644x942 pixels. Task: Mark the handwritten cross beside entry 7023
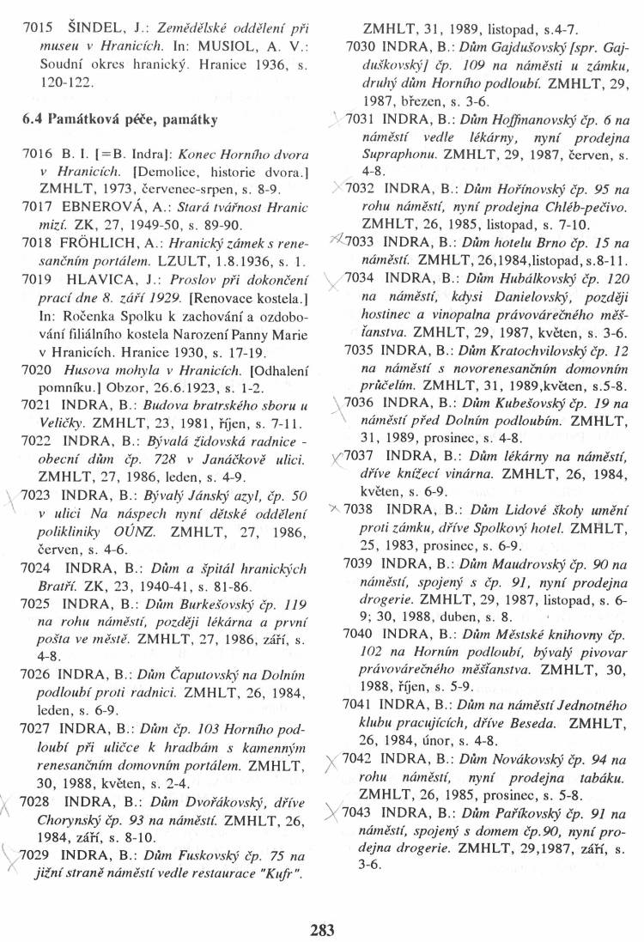click(17, 501)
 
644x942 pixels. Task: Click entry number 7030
click(364, 43)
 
